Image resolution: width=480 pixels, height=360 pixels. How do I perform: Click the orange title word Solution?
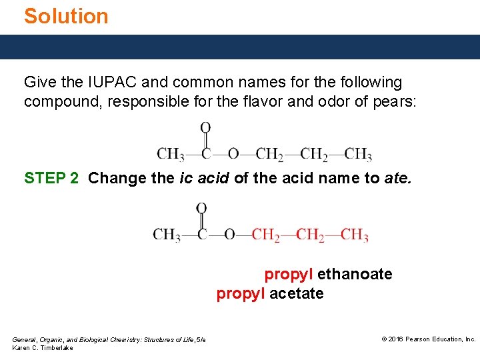66,16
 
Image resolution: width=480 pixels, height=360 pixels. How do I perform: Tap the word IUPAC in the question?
105,83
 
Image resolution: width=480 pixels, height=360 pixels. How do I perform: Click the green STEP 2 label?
51,178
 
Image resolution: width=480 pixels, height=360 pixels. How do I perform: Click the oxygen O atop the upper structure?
205,127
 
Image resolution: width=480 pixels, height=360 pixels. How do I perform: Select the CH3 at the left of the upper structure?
170,155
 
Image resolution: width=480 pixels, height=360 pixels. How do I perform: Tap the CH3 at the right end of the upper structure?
358,155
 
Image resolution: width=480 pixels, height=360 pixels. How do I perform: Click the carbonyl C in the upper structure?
206,155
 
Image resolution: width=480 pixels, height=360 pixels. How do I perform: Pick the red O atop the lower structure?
201,209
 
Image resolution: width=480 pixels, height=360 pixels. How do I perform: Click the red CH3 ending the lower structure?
354,235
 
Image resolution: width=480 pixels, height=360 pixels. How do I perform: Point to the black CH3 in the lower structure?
166,235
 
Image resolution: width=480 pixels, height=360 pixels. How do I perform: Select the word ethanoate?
355,274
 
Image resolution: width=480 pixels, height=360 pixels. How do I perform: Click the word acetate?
297,293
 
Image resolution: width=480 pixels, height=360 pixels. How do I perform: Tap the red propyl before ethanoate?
289,274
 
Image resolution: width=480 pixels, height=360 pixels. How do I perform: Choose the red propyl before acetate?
241,293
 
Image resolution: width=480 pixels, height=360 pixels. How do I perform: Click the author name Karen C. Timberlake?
43,348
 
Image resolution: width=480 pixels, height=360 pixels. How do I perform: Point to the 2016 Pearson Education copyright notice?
428,339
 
